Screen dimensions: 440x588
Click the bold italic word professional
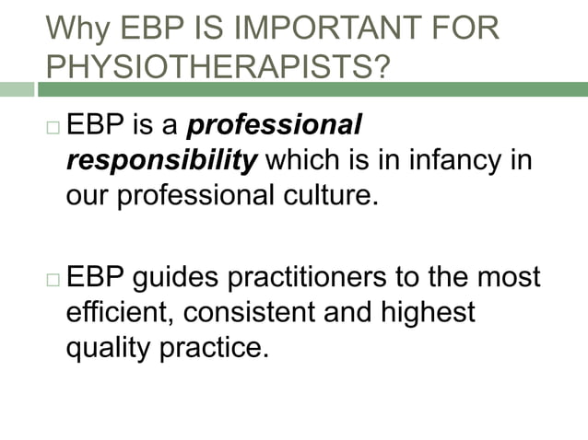(x=276, y=125)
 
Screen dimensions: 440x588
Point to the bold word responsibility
(x=162, y=162)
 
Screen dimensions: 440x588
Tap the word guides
(x=182, y=277)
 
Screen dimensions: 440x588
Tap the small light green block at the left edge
(x=16, y=89)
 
